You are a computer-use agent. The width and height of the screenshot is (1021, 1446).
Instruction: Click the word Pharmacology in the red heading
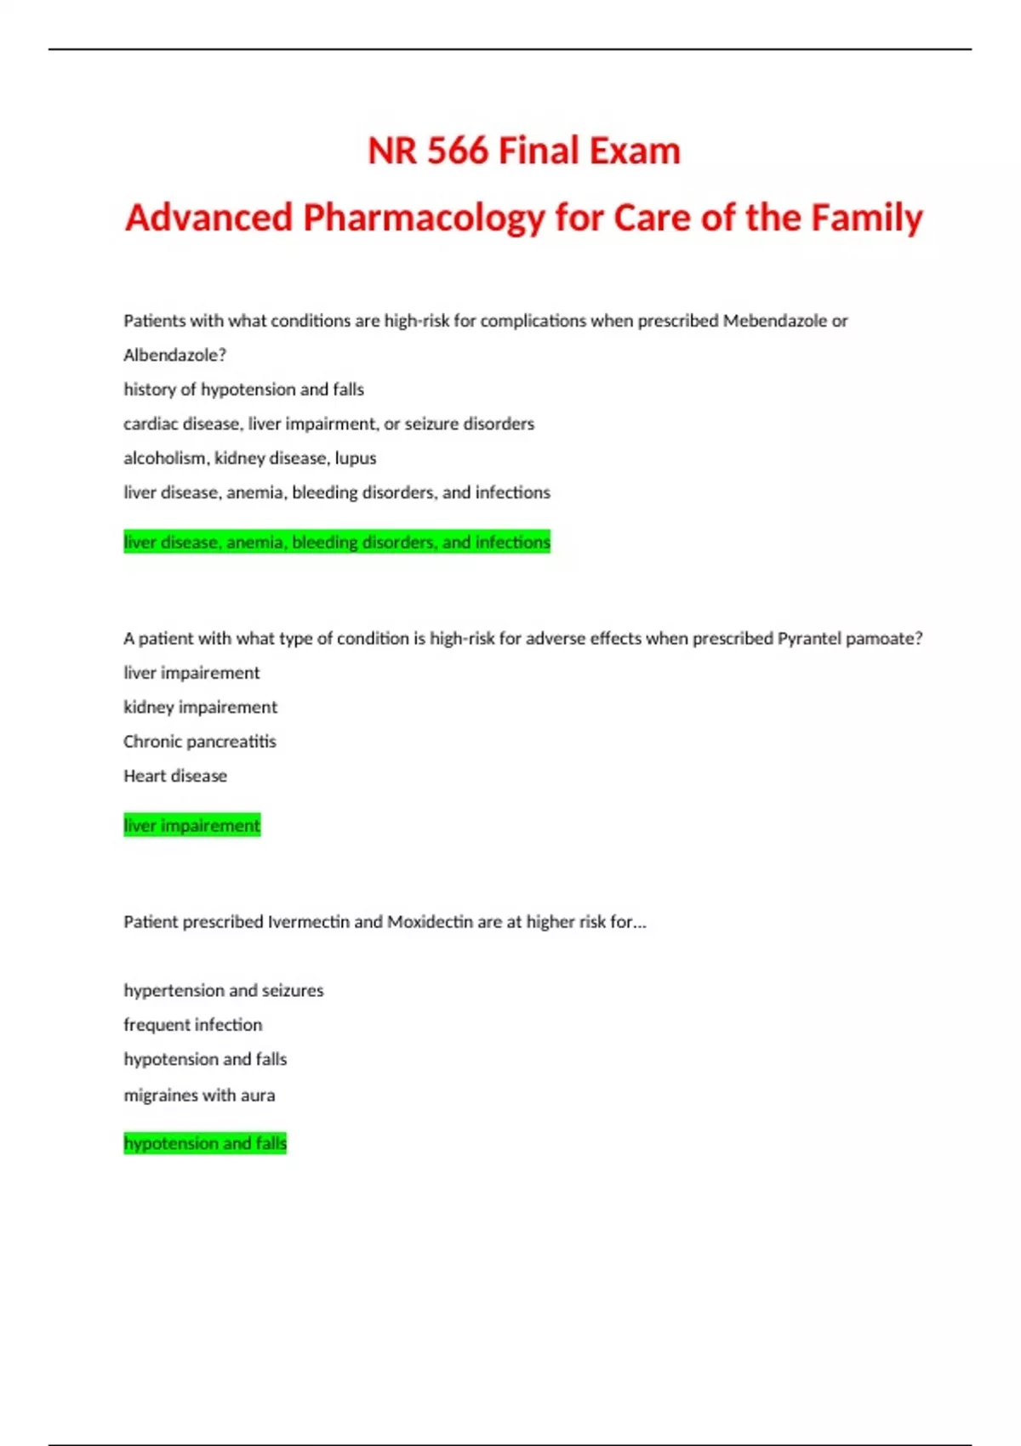424,218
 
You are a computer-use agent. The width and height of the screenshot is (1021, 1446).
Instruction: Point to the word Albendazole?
174,355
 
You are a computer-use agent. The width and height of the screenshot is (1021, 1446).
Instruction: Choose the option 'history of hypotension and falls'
243,390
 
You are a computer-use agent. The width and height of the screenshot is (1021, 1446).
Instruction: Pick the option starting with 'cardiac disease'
328,424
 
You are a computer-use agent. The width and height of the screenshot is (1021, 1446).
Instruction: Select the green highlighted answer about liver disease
337,542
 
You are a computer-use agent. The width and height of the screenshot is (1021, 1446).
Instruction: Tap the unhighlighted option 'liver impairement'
191,673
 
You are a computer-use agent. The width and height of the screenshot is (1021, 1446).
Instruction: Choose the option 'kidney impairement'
200,707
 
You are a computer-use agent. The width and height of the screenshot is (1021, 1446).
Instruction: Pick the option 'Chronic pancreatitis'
200,742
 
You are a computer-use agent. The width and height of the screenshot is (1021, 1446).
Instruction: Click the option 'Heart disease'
175,776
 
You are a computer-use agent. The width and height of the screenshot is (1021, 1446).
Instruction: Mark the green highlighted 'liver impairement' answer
191,825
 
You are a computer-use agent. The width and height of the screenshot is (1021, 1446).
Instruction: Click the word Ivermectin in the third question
308,922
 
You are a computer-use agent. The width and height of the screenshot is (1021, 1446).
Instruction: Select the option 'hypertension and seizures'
223,990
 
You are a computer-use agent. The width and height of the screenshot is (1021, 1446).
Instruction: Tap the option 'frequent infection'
192,1025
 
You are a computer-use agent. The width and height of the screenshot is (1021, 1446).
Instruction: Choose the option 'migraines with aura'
199,1095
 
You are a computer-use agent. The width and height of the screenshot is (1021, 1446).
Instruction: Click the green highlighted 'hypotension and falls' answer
205,1143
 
